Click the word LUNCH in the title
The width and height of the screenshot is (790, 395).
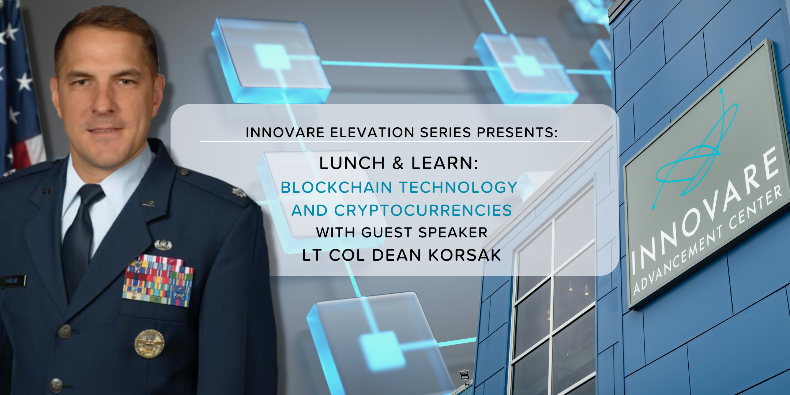(352, 163)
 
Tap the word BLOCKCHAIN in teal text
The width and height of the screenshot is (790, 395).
(336, 187)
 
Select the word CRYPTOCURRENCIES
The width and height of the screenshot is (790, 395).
(423, 210)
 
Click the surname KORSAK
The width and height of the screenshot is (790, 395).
(464, 255)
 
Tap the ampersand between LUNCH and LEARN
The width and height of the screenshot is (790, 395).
(398, 163)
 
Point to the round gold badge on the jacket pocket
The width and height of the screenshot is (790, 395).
(149, 343)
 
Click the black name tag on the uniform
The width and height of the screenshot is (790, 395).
(13, 281)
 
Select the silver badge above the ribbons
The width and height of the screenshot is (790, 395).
(163, 244)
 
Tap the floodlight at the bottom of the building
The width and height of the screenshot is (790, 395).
(464, 375)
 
